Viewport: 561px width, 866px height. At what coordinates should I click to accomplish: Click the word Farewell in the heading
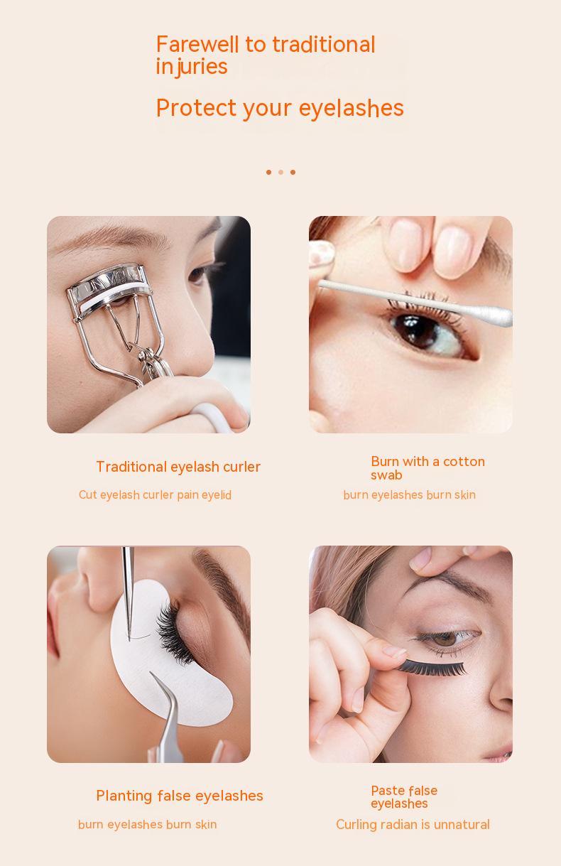(x=197, y=44)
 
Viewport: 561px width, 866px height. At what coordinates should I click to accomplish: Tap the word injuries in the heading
(x=192, y=67)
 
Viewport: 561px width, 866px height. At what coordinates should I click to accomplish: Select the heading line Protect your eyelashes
(x=280, y=108)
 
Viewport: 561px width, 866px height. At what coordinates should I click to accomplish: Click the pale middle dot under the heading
(x=281, y=172)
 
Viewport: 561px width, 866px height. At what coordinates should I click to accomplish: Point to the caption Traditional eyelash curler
(x=178, y=467)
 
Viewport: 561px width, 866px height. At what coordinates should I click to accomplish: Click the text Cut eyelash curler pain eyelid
(x=155, y=495)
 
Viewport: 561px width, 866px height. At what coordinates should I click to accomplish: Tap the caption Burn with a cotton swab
(x=427, y=468)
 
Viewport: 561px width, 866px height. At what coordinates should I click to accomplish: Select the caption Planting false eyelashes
(x=180, y=796)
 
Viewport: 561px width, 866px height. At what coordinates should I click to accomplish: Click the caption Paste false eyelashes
(x=404, y=797)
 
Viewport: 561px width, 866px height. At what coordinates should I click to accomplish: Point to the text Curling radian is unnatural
(x=413, y=825)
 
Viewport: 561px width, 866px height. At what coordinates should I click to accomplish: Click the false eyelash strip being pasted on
(x=431, y=668)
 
